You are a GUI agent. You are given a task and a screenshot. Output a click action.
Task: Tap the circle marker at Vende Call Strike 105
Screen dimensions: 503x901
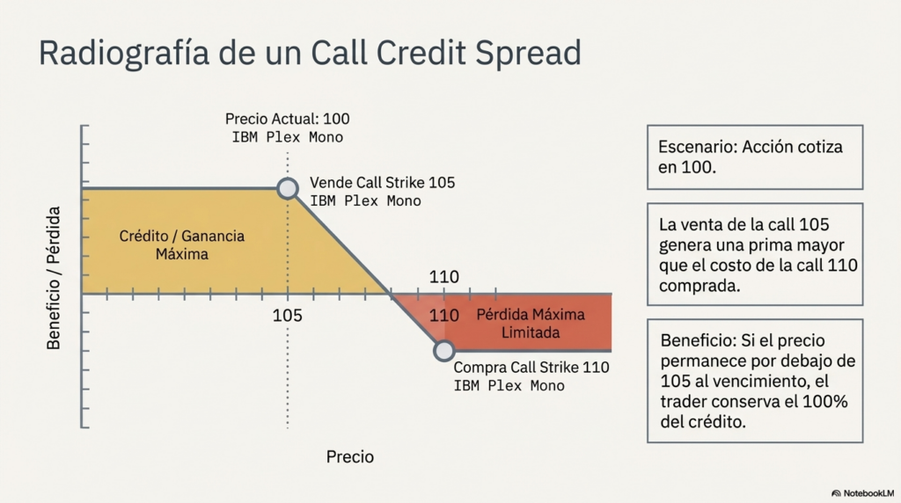288,188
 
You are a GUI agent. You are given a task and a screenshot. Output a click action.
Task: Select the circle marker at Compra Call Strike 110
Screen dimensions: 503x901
443,351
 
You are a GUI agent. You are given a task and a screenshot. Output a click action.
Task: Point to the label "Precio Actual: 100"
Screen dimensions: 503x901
288,119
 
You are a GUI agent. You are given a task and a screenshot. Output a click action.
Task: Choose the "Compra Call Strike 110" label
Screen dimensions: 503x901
531,368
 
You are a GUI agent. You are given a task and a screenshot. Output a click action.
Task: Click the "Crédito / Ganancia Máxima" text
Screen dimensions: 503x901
182,245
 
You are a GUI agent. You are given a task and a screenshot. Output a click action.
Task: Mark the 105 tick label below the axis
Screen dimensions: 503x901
288,315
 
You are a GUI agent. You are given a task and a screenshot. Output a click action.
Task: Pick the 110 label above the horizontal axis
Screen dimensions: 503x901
444,278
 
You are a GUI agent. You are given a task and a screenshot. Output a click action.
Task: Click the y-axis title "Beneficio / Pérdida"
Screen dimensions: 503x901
55,278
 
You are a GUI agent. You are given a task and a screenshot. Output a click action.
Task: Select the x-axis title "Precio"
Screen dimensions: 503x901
350,457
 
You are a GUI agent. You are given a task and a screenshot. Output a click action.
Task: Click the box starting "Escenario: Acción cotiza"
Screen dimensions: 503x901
754,157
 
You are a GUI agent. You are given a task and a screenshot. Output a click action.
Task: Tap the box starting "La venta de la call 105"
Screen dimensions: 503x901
754,254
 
